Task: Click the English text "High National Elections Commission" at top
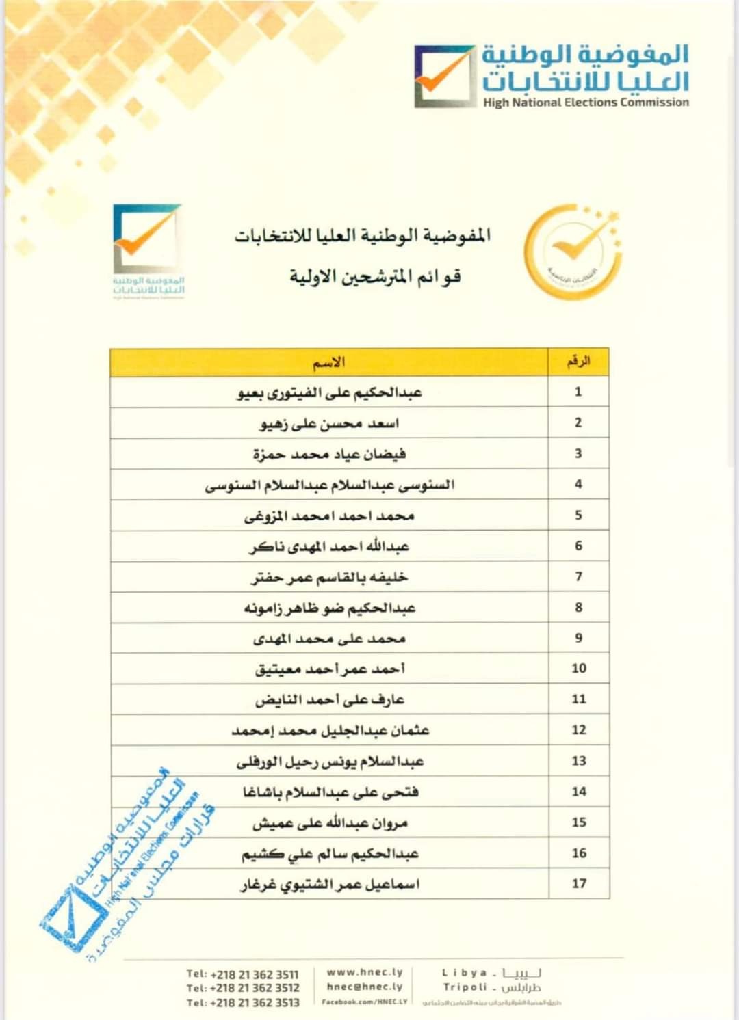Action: coord(586,103)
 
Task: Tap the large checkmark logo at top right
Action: coord(444,77)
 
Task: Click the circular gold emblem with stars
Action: coord(573,252)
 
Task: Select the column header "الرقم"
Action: coord(578,362)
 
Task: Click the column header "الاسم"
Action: coord(329,362)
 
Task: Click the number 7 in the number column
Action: coord(578,576)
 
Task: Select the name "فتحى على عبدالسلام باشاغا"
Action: coord(330,792)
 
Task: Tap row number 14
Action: coord(579,792)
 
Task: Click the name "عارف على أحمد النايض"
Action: coord(329,700)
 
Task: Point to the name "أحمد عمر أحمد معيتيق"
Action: coord(330,669)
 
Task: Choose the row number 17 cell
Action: coord(579,883)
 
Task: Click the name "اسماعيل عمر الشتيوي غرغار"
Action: coord(330,885)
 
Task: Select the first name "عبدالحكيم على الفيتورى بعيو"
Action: coord(329,393)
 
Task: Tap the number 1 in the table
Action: coord(578,392)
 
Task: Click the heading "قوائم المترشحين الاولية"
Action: coord(374,277)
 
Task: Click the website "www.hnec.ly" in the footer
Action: coord(365,972)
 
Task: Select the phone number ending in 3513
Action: coord(243,1003)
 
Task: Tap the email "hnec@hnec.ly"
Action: coord(365,987)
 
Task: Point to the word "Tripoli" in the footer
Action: coord(465,987)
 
